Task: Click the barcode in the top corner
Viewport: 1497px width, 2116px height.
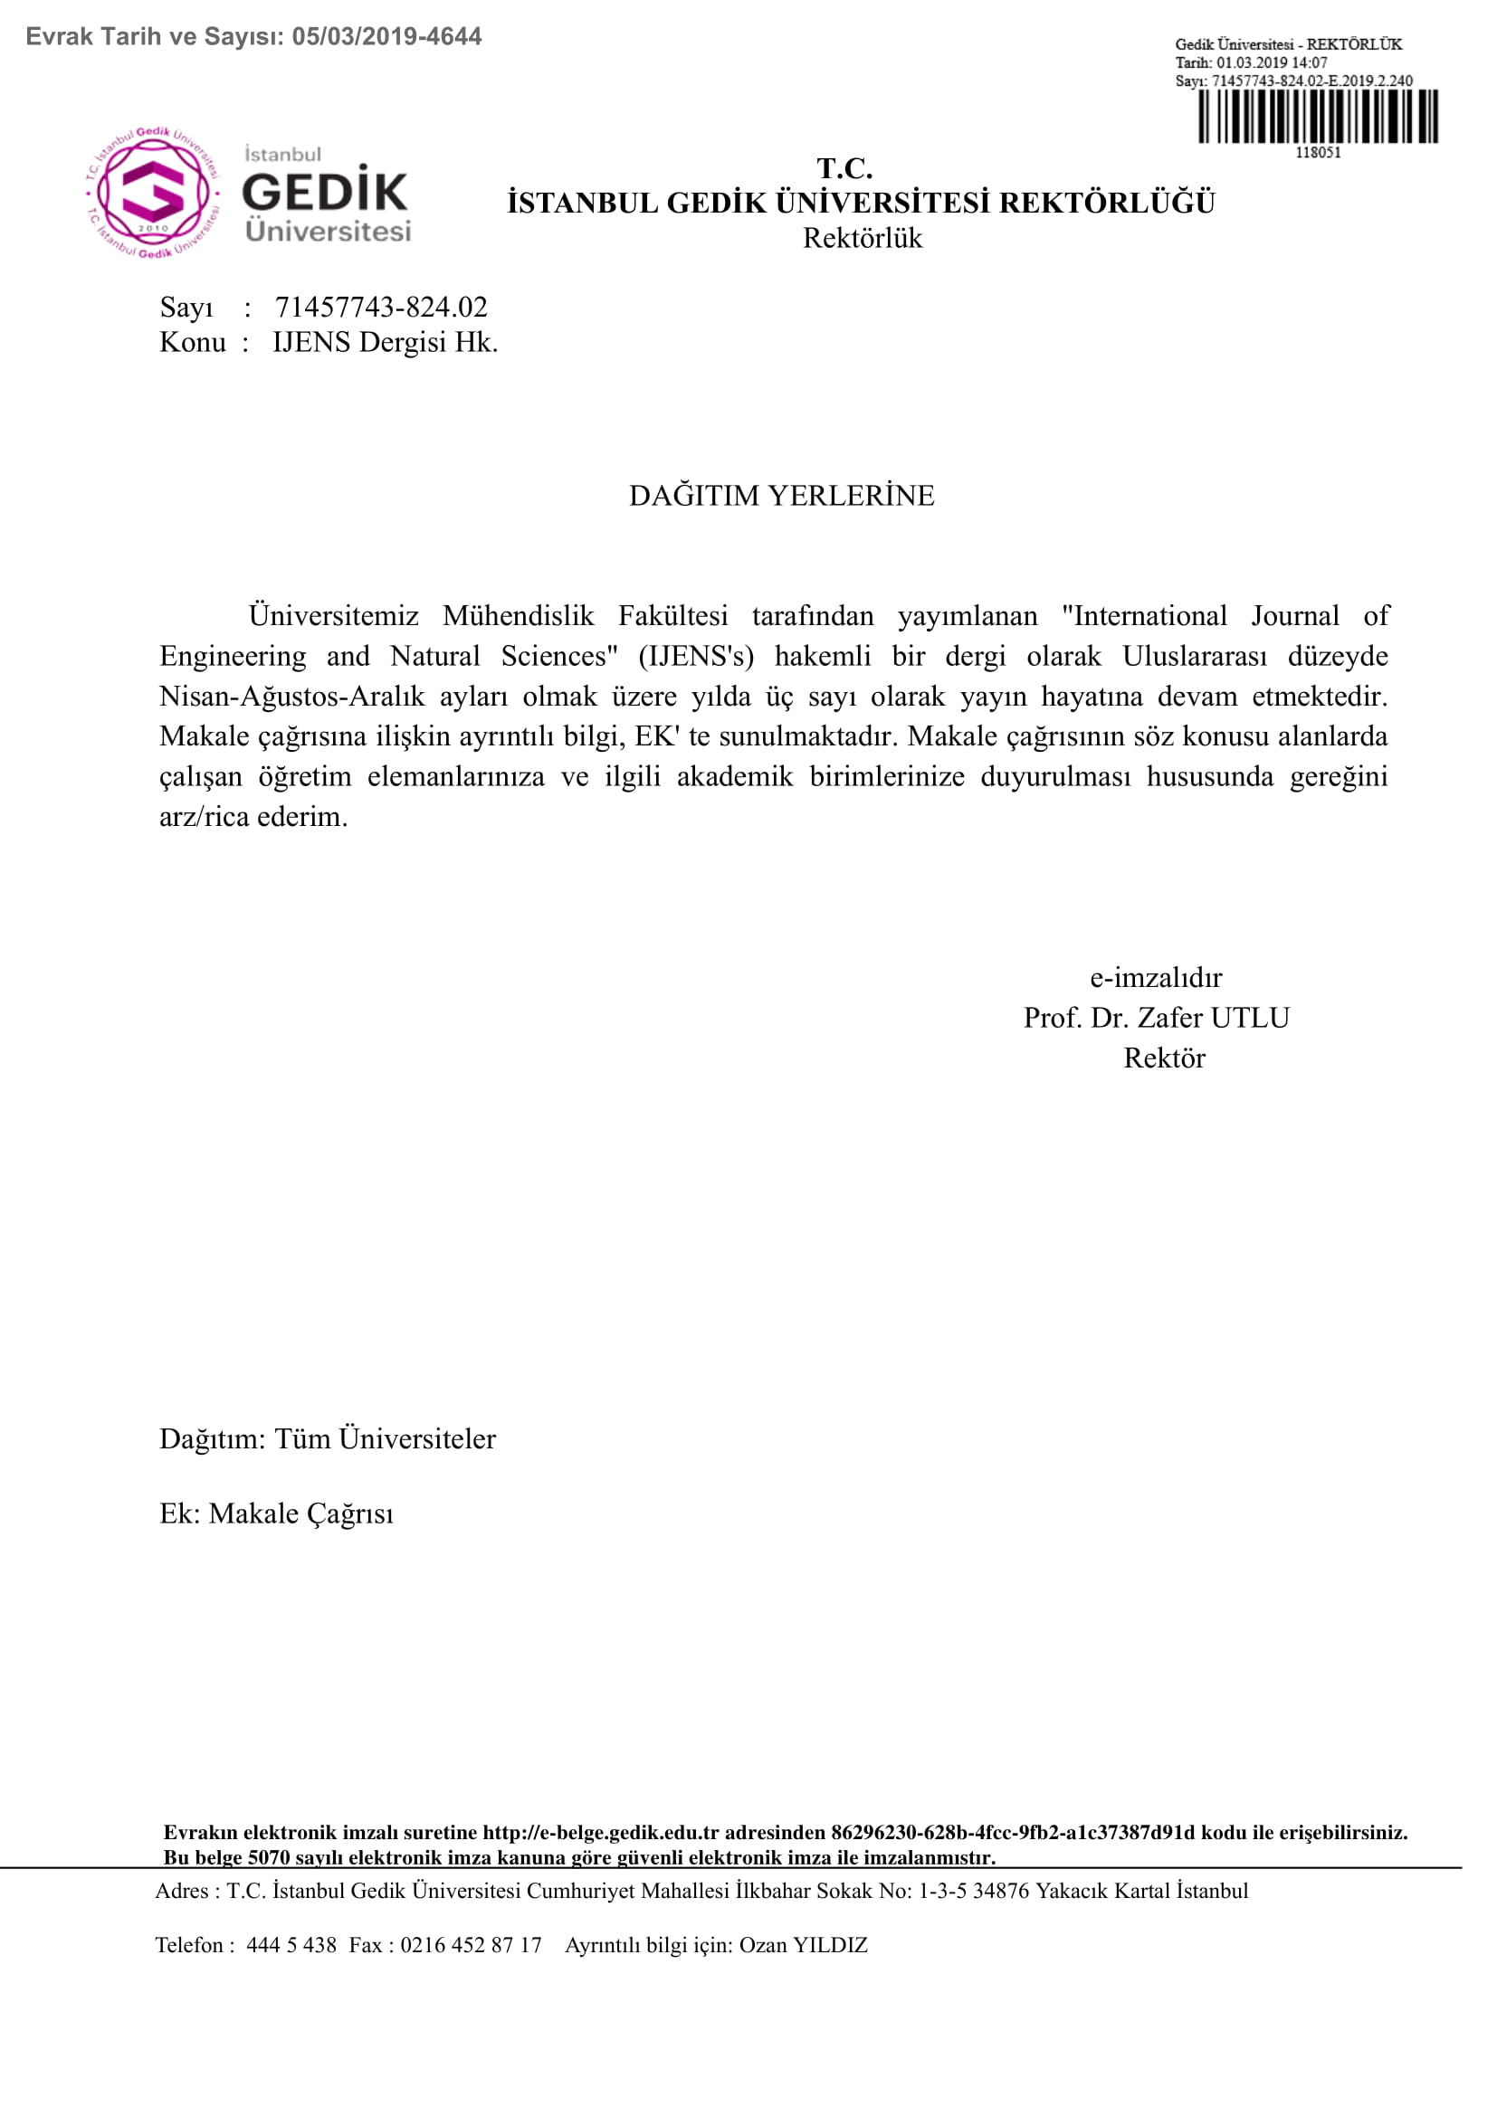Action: point(1317,117)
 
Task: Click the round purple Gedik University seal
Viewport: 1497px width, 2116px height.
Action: point(153,194)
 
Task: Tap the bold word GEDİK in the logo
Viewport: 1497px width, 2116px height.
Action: point(325,192)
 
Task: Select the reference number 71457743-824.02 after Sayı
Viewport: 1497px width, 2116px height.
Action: point(381,307)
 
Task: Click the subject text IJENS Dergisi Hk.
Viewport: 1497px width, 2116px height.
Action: point(386,343)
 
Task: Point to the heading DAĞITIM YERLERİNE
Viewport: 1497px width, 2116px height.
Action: point(782,496)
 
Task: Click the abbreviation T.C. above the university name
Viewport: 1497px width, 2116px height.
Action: point(844,168)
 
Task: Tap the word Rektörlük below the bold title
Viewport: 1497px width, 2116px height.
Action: point(862,239)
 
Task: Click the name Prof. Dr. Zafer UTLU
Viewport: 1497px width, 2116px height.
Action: point(1156,1018)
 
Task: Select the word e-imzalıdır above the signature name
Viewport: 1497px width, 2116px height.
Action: point(1156,977)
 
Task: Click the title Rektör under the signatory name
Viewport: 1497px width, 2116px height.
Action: point(1163,1058)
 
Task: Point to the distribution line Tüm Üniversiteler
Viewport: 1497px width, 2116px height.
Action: point(386,1438)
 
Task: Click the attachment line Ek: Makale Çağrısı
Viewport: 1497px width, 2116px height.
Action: point(277,1513)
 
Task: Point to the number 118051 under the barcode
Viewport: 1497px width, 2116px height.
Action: point(1318,153)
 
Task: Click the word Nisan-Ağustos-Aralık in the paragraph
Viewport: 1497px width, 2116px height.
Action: point(292,697)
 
